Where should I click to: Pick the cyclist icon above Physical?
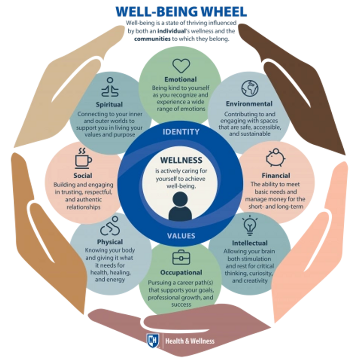pos(110,228)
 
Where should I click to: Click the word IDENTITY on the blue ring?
pos(180,132)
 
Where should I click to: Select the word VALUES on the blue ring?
pos(180,235)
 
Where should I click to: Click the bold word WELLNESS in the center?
pos(180,160)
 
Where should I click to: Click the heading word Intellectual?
pos(250,243)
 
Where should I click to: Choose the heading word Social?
pos(83,175)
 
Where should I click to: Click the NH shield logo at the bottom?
pos(152,341)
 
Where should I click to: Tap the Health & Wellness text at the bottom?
pos(190,341)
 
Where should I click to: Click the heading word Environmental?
pos(249,104)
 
